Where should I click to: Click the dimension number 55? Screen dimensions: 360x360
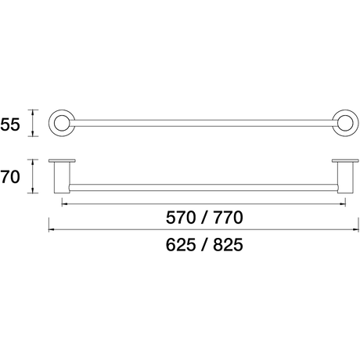click(10, 124)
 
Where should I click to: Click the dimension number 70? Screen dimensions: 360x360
click(10, 177)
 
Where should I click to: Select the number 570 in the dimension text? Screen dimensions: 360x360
click(181, 218)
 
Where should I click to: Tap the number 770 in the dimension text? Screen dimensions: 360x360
click(228, 218)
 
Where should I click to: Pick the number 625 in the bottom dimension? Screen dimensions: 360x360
click(181, 245)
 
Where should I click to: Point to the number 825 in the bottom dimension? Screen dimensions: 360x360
click(228, 245)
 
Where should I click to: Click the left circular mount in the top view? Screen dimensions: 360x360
click(52, 123)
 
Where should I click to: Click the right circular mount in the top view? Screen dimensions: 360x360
click(356, 123)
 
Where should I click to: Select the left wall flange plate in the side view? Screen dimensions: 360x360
click(62, 160)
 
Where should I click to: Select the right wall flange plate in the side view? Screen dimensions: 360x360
click(346, 160)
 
